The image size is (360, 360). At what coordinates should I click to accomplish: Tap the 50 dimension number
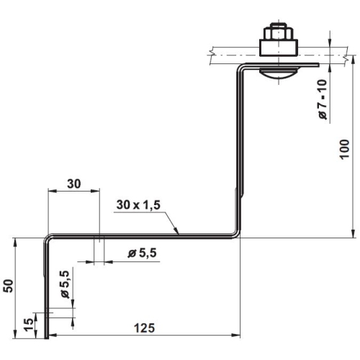pyautogui.click(x=8, y=285)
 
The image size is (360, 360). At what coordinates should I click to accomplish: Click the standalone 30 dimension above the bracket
pyautogui.click(x=74, y=184)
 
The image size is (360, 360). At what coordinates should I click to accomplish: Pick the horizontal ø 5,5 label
pyautogui.click(x=143, y=253)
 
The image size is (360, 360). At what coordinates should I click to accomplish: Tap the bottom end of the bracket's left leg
pyautogui.click(x=47, y=337)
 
